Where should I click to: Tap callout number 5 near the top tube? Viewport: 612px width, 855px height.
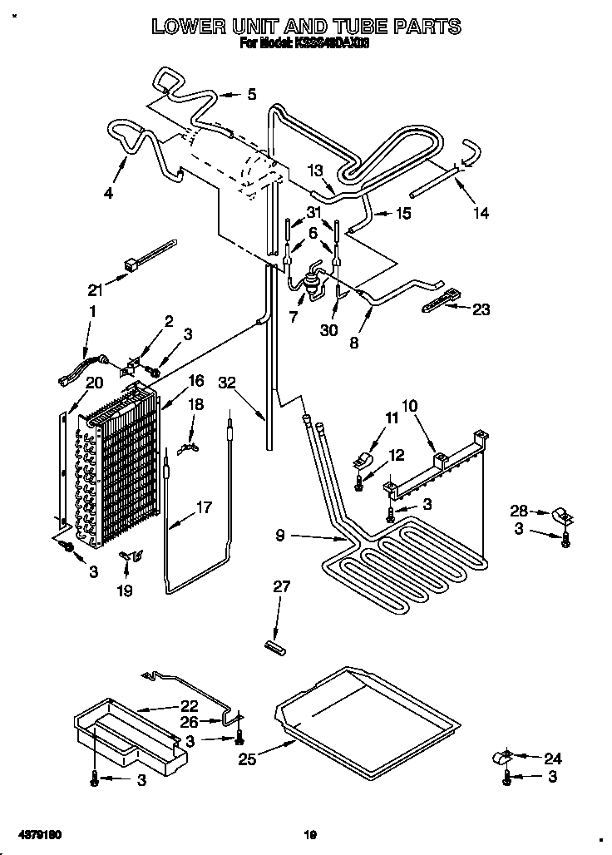[x=252, y=95]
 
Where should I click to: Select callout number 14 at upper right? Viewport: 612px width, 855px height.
[x=481, y=213]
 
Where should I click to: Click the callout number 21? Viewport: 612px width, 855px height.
[x=95, y=290]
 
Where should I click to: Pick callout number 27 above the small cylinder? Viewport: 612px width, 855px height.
[x=282, y=587]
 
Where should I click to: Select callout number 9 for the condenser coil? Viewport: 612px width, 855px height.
[x=280, y=536]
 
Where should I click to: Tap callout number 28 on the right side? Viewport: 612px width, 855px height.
[x=519, y=510]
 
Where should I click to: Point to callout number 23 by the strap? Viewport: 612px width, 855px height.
[x=481, y=309]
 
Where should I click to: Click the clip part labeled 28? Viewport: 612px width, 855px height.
[x=560, y=517]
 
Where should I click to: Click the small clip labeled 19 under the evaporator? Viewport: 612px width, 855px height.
[x=131, y=556]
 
